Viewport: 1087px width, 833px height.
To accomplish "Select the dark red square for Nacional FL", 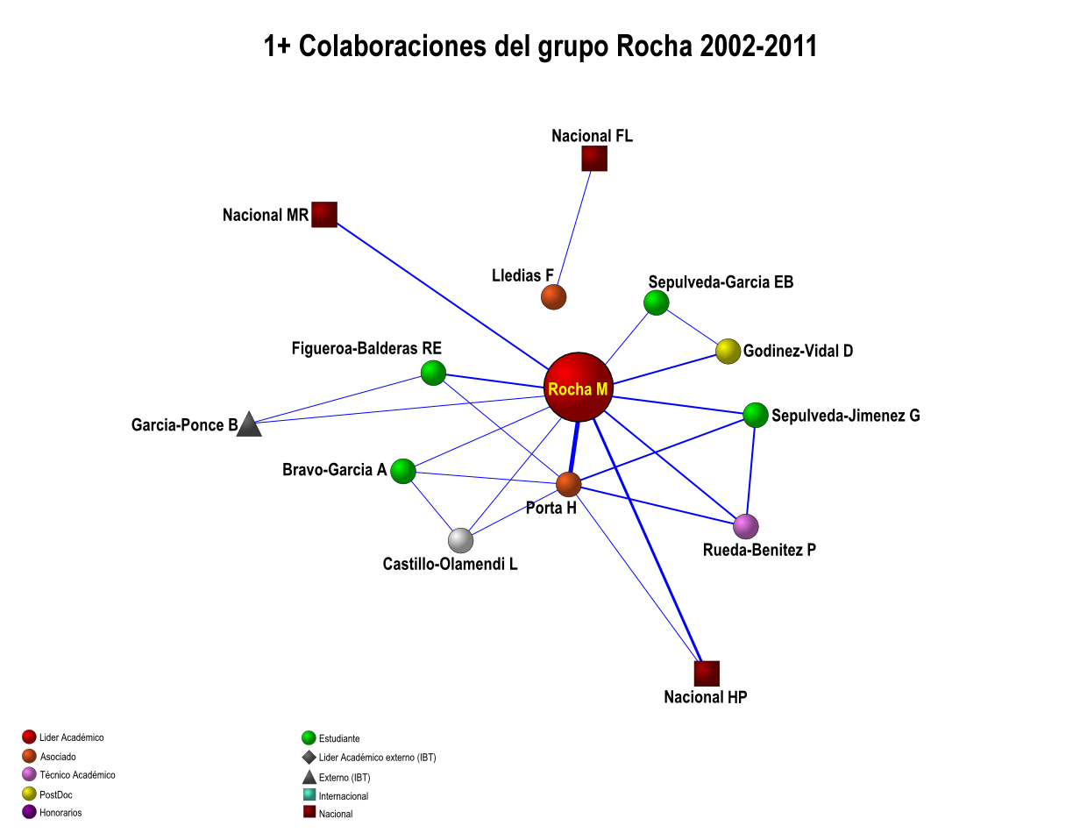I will [594, 159].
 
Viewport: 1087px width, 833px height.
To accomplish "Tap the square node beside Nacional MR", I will [324, 215].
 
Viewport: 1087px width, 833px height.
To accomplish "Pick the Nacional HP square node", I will [707, 673].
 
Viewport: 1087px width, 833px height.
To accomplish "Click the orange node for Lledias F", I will [553, 297].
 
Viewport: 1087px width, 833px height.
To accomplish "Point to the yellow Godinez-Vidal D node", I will [728, 352].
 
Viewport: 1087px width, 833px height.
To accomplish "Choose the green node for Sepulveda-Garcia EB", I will [656, 303].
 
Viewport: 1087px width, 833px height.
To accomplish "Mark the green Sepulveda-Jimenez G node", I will [756, 415].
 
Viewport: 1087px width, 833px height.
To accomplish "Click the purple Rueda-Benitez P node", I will [745, 526].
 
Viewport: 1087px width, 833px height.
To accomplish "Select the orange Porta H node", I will [569, 484].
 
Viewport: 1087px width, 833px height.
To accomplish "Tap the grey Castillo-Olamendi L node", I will [461, 541].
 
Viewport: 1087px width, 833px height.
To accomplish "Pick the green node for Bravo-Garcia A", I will [402, 471].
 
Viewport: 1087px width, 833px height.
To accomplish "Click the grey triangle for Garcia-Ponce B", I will [249, 425].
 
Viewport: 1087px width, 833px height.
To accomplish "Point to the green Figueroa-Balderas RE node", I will [433, 373].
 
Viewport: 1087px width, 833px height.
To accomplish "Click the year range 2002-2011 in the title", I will [758, 46].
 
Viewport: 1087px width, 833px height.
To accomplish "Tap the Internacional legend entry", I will [343, 796].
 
